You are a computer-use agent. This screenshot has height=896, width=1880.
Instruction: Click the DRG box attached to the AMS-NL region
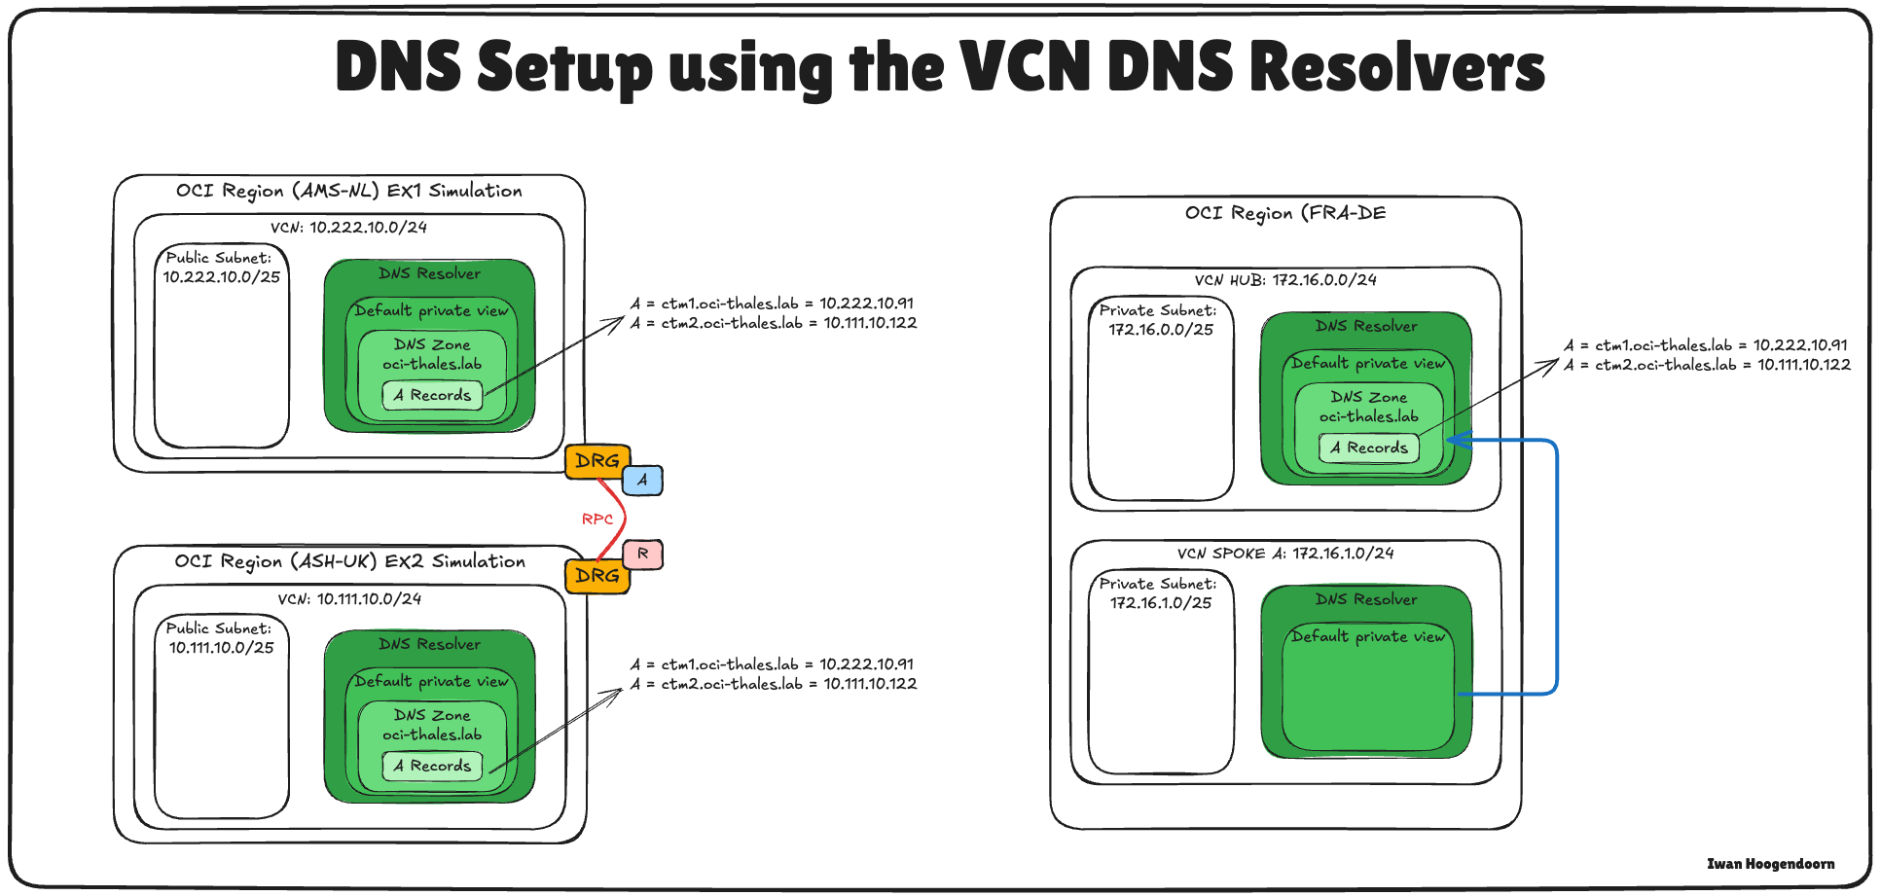click(597, 461)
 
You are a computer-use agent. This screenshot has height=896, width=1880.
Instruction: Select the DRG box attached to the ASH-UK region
click(597, 576)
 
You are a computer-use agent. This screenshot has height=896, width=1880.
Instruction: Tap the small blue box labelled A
click(642, 480)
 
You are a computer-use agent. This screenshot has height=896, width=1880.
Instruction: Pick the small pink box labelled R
click(642, 554)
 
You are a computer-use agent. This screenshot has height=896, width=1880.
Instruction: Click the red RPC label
click(597, 520)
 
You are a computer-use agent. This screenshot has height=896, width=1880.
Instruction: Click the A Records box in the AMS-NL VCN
click(432, 395)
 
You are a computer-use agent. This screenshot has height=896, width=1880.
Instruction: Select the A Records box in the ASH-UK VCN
click(432, 766)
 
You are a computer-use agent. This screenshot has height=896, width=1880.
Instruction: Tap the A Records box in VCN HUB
click(1369, 448)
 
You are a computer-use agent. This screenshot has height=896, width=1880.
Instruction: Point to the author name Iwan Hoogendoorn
click(1770, 864)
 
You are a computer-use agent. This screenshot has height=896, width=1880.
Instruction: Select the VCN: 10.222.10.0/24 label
click(348, 228)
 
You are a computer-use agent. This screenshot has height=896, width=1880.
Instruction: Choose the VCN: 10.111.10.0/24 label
click(349, 599)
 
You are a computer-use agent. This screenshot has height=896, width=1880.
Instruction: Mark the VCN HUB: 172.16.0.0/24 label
click(1285, 280)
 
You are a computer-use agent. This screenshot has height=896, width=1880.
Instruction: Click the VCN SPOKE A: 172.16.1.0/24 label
click(1285, 554)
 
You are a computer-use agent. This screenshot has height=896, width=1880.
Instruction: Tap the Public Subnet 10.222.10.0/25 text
click(221, 268)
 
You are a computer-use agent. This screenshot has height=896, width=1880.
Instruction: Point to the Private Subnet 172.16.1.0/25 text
click(1159, 593)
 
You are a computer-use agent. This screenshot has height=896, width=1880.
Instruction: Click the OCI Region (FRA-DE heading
click(1284, 213)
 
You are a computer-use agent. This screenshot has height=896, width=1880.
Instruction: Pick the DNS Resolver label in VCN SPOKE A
click(1366, 599)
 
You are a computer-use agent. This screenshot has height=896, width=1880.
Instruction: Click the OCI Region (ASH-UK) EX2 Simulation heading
click(349, 561)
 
